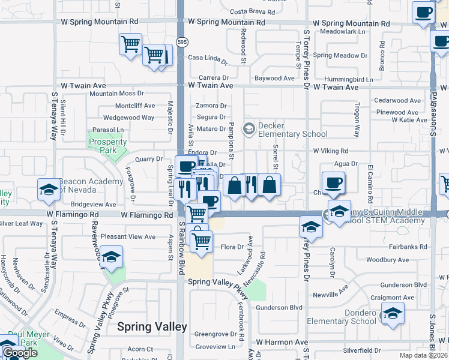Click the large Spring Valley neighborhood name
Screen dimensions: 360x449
pos(152,327)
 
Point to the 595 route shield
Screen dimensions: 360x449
pos(181,41)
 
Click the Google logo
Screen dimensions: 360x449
pos(19,353)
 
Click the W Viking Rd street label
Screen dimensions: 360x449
pos(330,151)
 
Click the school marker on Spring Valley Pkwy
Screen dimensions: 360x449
pos(111,258)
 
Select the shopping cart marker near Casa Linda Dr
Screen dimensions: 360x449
pos(154,55)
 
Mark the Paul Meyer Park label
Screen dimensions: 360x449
pos(24,338)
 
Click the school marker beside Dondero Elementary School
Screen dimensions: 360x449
pos(393,314)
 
